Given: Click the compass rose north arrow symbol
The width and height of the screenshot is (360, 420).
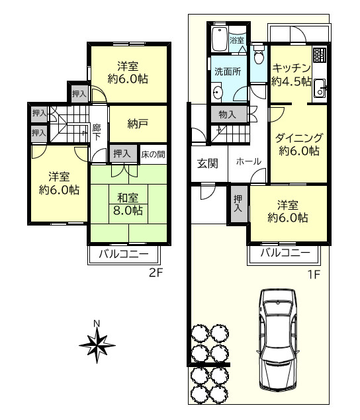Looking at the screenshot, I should (x=97, y=342).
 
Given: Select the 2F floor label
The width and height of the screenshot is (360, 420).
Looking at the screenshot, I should (x=156, y=273).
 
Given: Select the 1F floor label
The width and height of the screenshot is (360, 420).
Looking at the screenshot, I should (x=313, y=273).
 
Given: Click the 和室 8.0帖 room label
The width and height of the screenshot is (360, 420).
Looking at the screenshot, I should (x=128, y=204).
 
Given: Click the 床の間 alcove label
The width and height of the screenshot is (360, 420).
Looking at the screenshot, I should (x=153, y=154).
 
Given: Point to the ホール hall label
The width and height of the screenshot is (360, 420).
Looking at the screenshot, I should (x=247, y=161).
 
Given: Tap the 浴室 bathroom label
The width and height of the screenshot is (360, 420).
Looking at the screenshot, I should (x=237, y=41).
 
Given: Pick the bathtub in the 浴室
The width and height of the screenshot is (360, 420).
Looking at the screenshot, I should (x=218, y=38).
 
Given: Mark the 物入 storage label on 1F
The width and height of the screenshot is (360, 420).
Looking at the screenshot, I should (x=227, y=114).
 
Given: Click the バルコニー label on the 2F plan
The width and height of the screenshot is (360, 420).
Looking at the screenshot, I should (x=123, y=255).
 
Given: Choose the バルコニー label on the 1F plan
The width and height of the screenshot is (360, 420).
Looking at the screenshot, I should (x=285, y=253).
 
